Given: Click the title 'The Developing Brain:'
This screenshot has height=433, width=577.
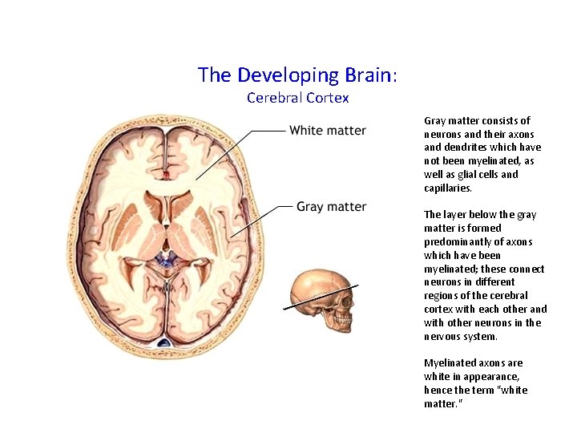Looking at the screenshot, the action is click(297, 75).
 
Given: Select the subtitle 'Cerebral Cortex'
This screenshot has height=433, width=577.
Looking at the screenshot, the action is click(297, 98).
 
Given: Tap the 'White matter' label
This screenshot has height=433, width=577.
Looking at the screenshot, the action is click(327, 131).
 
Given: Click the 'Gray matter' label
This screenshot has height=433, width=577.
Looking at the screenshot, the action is click(331, 207).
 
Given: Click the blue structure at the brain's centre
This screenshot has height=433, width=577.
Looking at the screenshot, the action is click(167, 260).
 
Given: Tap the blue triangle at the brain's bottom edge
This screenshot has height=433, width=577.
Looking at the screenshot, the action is click(164, 343).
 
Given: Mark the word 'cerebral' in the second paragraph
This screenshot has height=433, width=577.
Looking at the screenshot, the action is click(510, 296).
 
